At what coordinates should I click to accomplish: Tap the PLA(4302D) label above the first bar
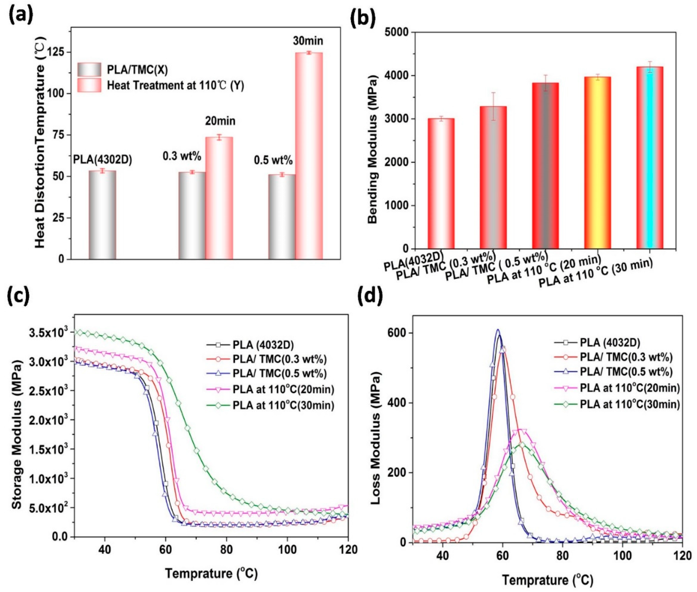pyautogui.click(x=103, y=160)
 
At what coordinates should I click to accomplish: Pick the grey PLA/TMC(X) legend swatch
pyautogui.click(x=89, y=70)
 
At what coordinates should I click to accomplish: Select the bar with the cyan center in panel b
pyautogui.click(x=649, y=158)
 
